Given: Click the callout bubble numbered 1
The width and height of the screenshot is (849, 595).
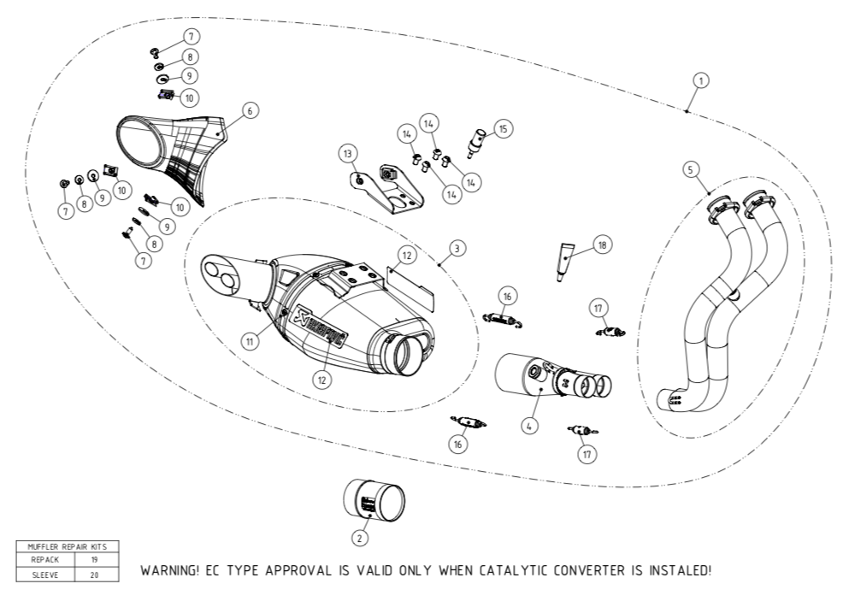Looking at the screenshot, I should (x=700, y=80).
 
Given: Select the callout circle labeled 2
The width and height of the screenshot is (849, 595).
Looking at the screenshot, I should (x=360, y=538).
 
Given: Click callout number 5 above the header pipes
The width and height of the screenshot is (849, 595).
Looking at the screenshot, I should (x=690, y=169).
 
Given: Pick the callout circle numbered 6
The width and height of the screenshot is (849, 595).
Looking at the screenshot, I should (x=249, y=110).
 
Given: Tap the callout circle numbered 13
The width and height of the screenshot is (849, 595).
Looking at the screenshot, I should (x=347, y=154).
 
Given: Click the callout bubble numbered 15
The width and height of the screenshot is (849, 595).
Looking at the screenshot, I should (x=503, y=129).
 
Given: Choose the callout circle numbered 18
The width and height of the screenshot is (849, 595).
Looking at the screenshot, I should (x=602, y=245).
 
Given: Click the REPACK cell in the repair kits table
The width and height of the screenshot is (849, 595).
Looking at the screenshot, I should (x=45, y=559).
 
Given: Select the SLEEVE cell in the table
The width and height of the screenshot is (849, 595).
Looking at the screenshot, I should (x=45, y=574).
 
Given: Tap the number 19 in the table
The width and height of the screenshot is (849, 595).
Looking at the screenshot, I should (x=94, y=559).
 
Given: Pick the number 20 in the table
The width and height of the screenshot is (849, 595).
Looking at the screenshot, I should (x=94, y=574).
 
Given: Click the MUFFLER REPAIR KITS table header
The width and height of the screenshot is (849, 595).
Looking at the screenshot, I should (x=68, y=545).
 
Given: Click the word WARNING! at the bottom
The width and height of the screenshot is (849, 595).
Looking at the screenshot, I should (x=171, y=569).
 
